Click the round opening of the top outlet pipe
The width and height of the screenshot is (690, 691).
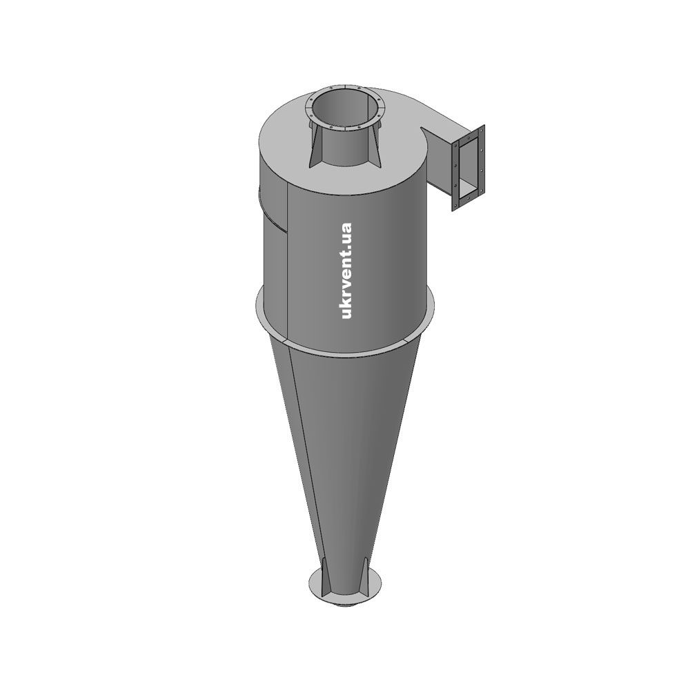pyautogui.click(x=344, y=109)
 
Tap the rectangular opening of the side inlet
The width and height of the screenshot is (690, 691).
pyautogui.click(x=469, y=169)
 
